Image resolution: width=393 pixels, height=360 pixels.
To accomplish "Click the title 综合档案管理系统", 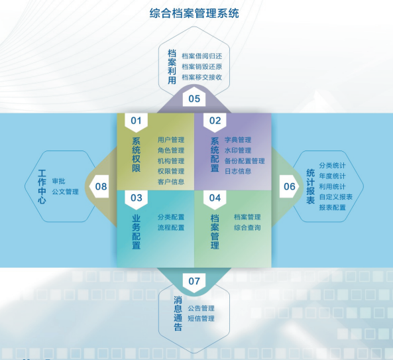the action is tap(194, 13).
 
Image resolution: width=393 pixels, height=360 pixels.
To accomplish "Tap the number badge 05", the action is tap(194, 99).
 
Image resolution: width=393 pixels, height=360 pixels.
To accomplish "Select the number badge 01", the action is tap(136, 121).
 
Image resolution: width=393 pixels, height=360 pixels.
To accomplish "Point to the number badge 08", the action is tap(99, 186).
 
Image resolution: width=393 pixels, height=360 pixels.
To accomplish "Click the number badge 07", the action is tap(194, 281).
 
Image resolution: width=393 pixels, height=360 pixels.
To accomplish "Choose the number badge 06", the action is tap(290, 186).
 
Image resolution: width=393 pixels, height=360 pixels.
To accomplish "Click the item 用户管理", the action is tap(171, 140).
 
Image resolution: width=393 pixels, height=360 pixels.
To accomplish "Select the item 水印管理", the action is tap(238, 150).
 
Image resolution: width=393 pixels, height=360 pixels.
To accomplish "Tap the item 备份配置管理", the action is tap(245, 160).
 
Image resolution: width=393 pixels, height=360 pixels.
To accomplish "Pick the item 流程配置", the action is tap(171, 227).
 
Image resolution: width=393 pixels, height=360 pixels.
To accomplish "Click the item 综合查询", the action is tap(247, 227).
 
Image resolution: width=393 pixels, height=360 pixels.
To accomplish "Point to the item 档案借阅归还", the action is tap(202, 56).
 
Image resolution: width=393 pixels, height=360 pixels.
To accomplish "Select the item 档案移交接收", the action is tap(202, 77).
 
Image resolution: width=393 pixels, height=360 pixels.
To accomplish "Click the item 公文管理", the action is tap(66, 192).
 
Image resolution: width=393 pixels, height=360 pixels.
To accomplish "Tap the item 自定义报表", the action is tap(336, 197).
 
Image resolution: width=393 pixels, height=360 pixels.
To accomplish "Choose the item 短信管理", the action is tap(201, 318).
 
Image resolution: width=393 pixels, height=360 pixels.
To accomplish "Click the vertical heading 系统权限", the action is tap(136, 154).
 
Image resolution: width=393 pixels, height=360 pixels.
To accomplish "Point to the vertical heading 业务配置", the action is tap(136, 232).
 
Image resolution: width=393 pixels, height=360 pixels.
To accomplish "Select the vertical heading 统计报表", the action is tap(311, 186).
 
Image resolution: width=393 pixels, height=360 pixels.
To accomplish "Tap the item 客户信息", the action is tap(171, 182).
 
